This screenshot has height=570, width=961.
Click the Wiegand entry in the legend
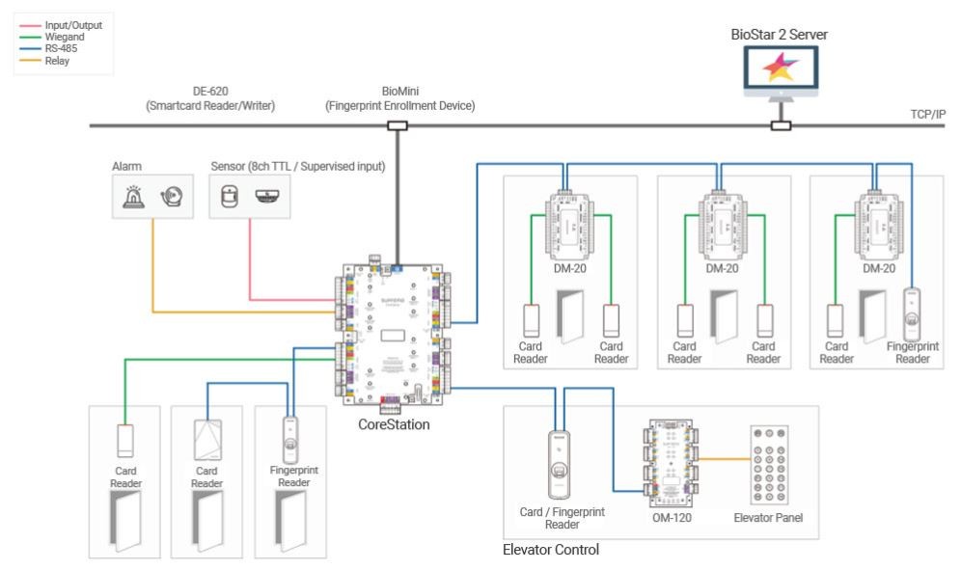[x=65, y=36]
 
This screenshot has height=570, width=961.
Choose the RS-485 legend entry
[x=64, y=47]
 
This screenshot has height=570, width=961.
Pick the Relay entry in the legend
[x=59, y=59]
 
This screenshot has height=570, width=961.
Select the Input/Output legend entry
[x=73, y=24]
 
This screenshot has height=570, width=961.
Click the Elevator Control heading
[x=551, y=550]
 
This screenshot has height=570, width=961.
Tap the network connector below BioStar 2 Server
[x=781, y=125]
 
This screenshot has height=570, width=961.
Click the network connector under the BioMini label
[x=397, y=125]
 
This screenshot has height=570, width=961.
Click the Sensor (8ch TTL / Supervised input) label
[x=297, y=166]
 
